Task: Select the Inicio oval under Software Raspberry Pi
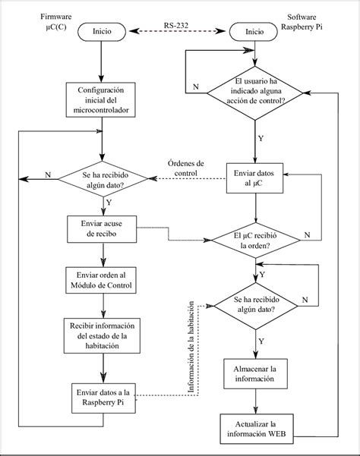click(255, 32)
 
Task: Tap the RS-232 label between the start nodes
click(179, 26)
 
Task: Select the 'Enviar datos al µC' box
click(255, 179)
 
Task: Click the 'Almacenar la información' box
click(255, 373)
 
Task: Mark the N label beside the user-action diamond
click(197, 88)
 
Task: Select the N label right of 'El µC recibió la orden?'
click(307, 235)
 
